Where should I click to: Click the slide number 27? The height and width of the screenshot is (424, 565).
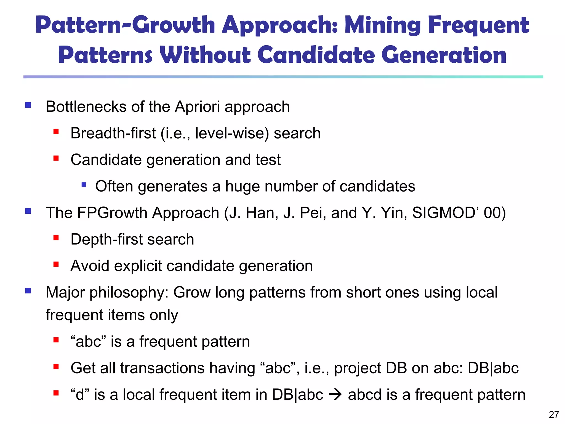click(554, 415)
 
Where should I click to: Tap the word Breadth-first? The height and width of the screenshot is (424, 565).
click(113, 133)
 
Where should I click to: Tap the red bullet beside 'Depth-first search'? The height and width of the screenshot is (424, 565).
click(56, 238)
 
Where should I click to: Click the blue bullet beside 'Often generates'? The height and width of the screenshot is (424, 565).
click(84, 184)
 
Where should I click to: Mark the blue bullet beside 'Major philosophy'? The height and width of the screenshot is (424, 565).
click(28, 291)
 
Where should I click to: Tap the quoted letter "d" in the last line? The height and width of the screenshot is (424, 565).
click(80, 394)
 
